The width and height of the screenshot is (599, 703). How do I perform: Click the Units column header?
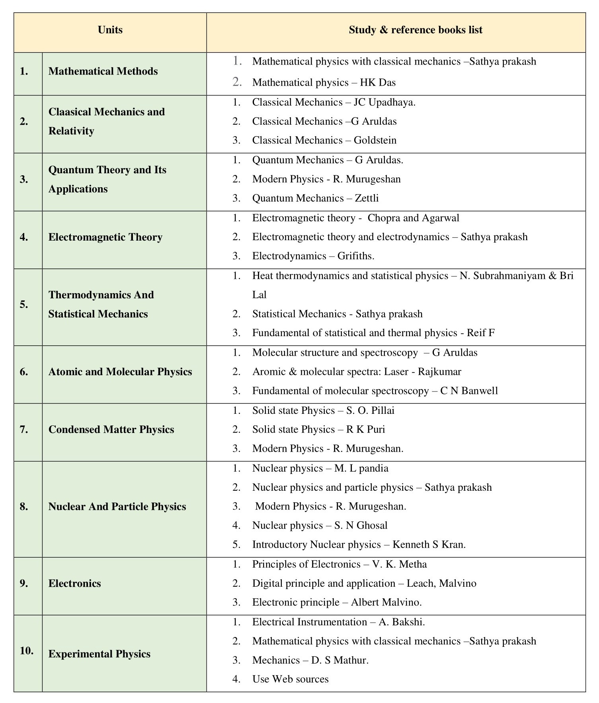pos(110,30)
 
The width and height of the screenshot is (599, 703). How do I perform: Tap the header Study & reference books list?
pos(415,30)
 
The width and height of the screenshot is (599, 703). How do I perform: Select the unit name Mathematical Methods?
pos(103,71)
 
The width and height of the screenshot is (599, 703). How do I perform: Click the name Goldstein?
pos(375,140)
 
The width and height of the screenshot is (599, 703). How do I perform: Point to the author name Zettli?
pos(367,198)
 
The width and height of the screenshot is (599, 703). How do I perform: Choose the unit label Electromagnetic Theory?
pos(105,237)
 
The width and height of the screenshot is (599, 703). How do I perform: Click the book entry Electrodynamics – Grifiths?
pos(313,256)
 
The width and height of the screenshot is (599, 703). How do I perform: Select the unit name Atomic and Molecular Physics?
pos(120,372)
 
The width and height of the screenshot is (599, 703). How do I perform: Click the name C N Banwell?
pos(469,391)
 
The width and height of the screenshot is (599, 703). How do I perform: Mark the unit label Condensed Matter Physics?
pos(111,429)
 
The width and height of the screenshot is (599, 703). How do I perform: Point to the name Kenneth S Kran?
pos(429,544)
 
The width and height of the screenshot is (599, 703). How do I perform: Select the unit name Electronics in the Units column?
pos(75,584)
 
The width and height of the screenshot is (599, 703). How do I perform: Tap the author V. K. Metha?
pos(399,564)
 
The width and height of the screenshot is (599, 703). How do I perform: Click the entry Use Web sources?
pos(290,679)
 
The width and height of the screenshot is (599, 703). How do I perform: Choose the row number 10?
pos(27,651)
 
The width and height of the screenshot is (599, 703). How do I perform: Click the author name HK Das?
pos(378,82)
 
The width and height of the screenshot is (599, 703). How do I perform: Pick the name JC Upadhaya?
pos(384,102)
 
